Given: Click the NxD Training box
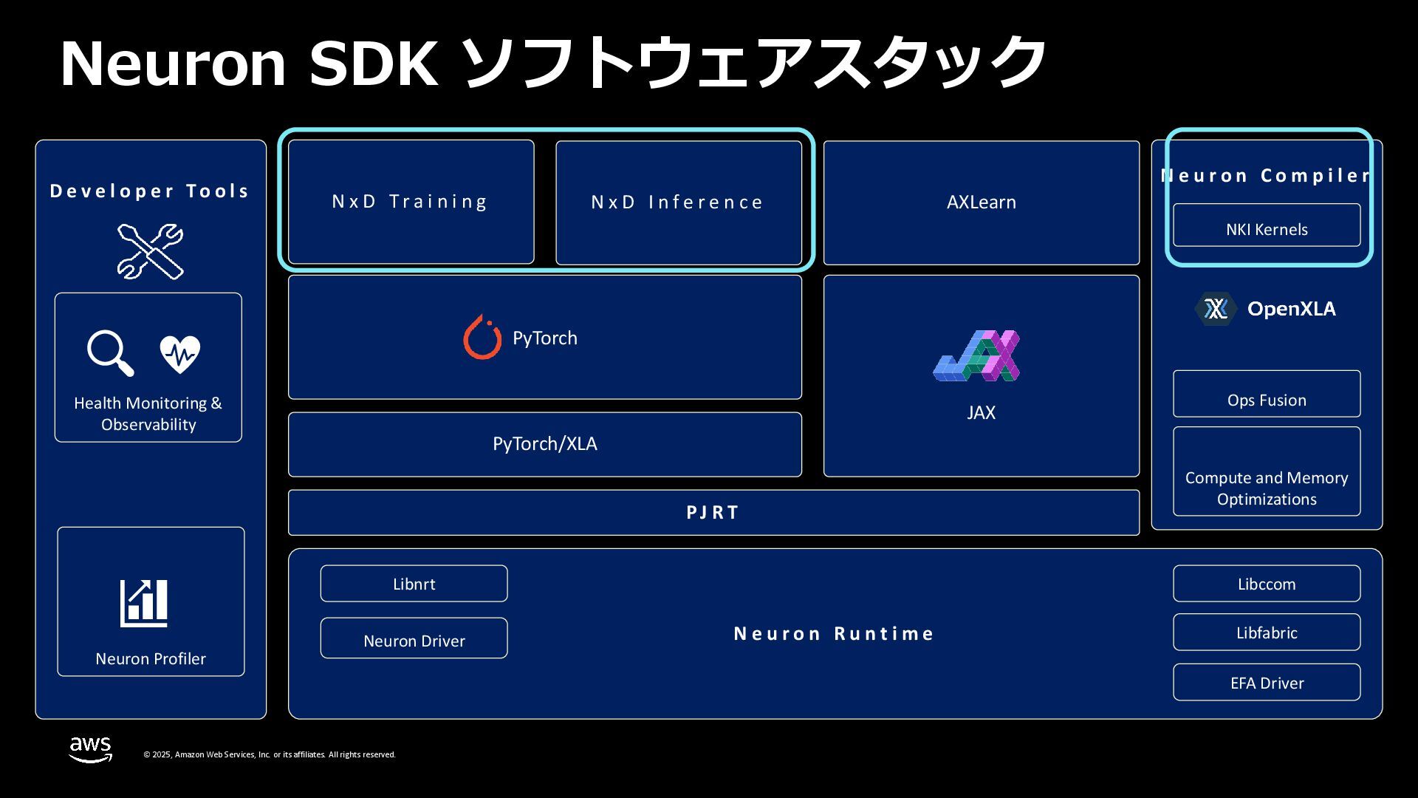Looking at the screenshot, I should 411,202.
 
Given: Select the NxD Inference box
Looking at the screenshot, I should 678,202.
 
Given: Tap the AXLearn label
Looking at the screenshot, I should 981,202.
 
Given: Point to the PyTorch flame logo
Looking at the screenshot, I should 482,338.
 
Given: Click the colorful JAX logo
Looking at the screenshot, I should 976,355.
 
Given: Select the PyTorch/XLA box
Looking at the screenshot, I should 544,444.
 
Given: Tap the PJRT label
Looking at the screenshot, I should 713,513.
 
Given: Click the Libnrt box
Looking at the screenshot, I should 414,584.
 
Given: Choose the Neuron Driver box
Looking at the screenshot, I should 414,639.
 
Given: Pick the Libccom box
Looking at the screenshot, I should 1266,584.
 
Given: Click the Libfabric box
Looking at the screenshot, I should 1266,632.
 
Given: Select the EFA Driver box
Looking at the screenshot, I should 1266,683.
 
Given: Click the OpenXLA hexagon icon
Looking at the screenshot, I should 1216,309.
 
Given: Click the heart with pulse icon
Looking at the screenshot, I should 179,354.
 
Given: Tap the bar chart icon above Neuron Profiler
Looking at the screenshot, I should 144,603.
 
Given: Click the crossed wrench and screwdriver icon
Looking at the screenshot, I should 150,251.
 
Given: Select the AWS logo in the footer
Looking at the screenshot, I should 90,748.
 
